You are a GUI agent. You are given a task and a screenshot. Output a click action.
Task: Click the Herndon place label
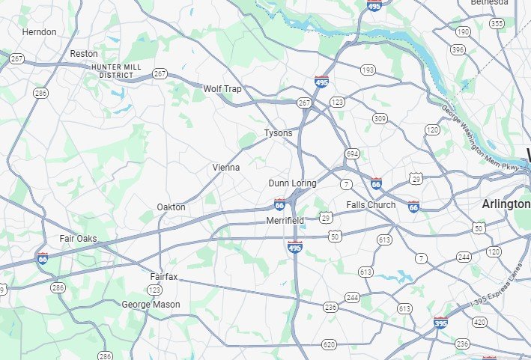(39, 32)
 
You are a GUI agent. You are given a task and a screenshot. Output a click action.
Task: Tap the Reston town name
(83, 54)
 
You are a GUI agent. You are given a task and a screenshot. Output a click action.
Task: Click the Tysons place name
(278, 133)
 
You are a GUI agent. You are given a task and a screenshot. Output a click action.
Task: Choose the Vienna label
(225, 168)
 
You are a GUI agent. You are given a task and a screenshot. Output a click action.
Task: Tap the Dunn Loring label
(292, 183)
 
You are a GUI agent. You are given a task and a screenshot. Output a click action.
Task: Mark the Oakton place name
(171, 207)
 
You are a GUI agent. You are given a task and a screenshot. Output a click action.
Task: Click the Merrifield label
(285, 221)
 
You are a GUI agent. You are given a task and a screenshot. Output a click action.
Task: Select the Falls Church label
(371, 205)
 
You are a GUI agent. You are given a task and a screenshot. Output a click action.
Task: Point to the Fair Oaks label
(78, 239)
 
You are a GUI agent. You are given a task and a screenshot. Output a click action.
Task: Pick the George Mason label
(151, 305)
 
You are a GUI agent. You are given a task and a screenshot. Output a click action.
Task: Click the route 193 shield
(367, 70)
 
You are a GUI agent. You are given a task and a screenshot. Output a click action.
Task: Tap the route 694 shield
(352, 153)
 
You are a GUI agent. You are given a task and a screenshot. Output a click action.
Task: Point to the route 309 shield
(380, 118)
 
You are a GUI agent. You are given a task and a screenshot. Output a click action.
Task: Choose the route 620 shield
(329, 344)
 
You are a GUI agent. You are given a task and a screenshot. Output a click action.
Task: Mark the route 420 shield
(479, 323)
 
